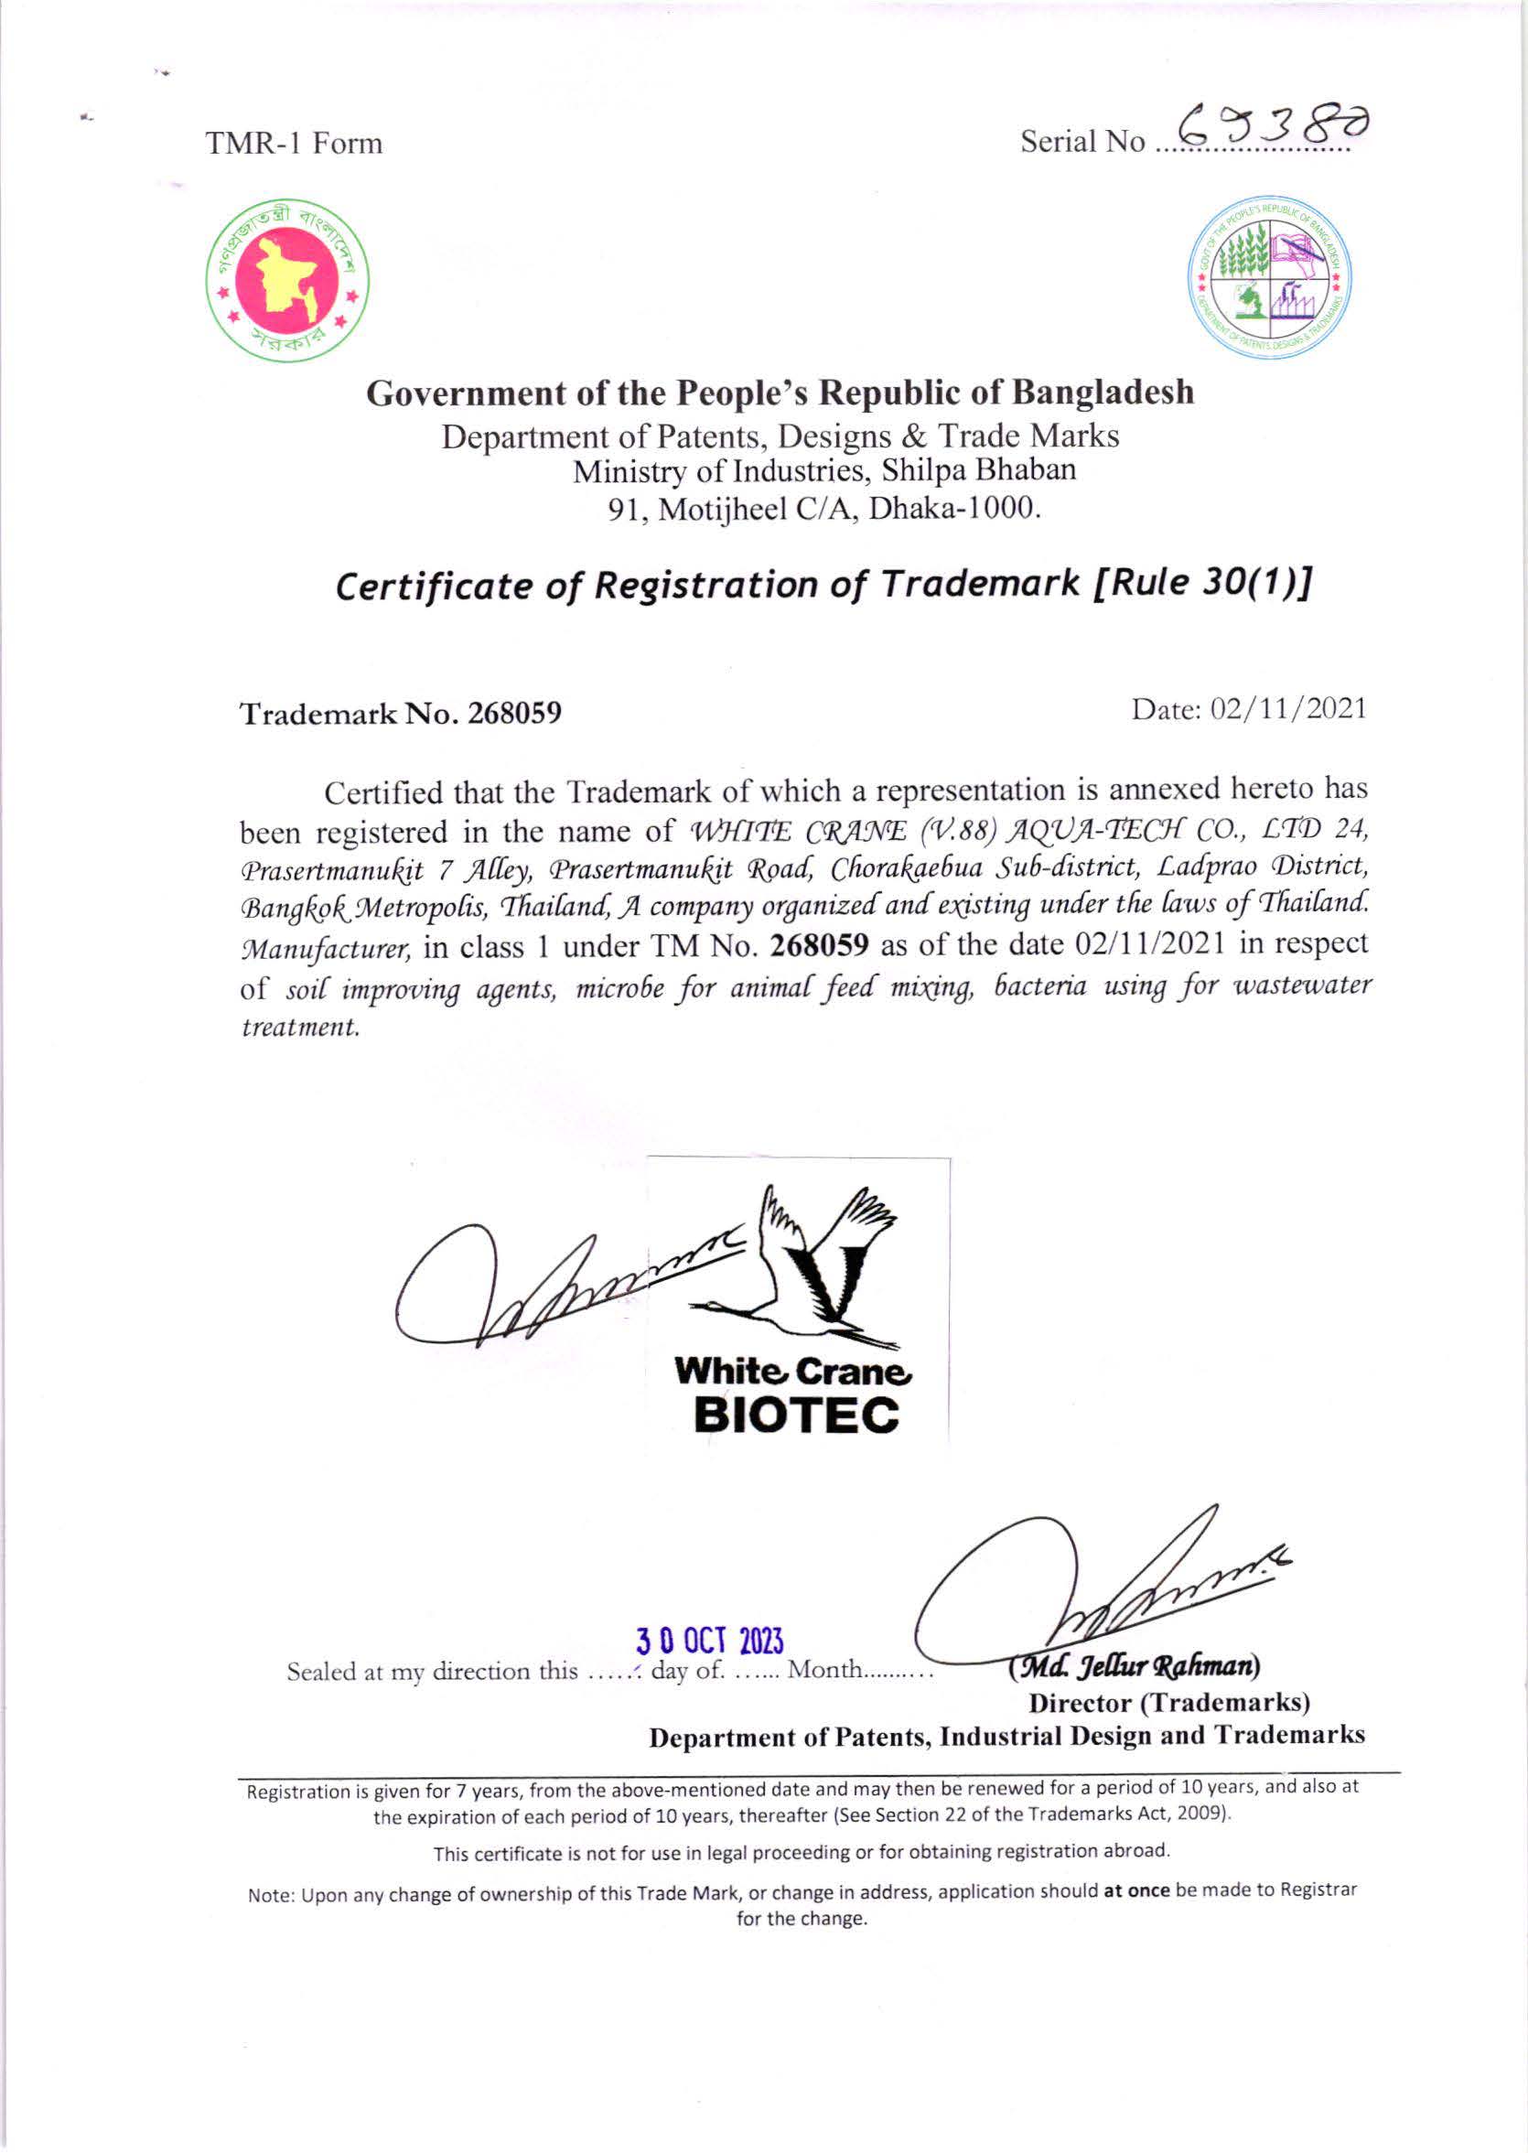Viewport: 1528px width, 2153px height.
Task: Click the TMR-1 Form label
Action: [x=295, y=144]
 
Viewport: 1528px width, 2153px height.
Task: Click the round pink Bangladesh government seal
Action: [x=288, y=280]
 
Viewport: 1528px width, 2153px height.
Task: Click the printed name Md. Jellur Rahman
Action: [x=1134, y=1666]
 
